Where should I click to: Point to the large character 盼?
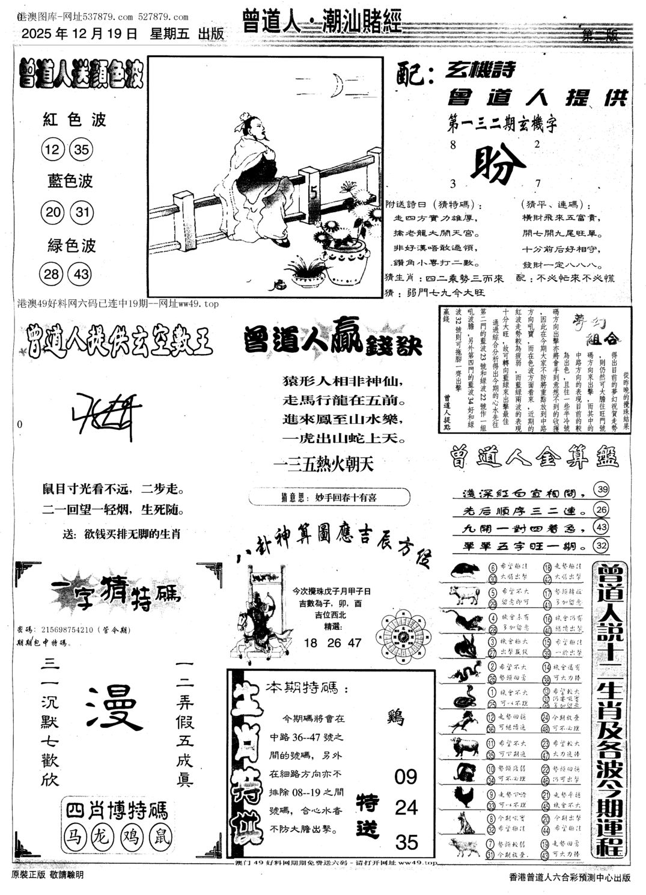[496, 163]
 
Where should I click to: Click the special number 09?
[406, 777]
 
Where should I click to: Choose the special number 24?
[406, 807]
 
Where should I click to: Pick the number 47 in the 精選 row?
[355, 643]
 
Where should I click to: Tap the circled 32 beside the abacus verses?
[600, 545]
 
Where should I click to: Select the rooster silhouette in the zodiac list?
[463, 796]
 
